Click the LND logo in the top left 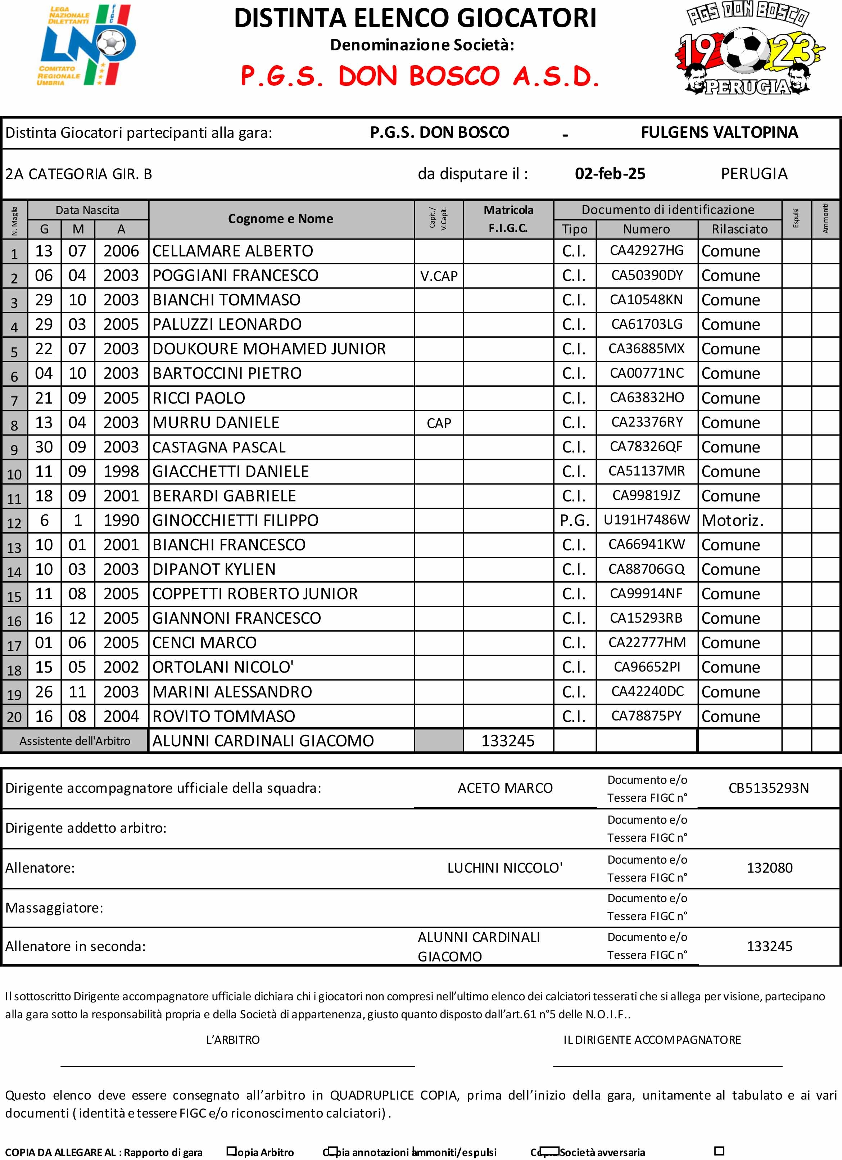click(87, 46)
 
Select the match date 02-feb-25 click(610, 174)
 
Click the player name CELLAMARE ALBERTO click(233, 251)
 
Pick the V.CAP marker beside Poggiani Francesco click(439, 276)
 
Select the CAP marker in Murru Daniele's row click(439, 423)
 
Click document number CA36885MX click(646, 349)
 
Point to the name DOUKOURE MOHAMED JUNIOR click(269, 349)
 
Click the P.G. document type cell click(574, 521)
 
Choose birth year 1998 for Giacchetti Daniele click(121, 472)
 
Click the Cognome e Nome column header click(280, 219)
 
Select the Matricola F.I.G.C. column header click(508, 219)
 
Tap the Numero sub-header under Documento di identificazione click(646, 229)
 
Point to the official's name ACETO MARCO click(505, 788)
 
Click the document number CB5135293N click(769, 788)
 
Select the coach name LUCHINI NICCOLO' click(505, 868)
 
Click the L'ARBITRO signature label click(233, 1040)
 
